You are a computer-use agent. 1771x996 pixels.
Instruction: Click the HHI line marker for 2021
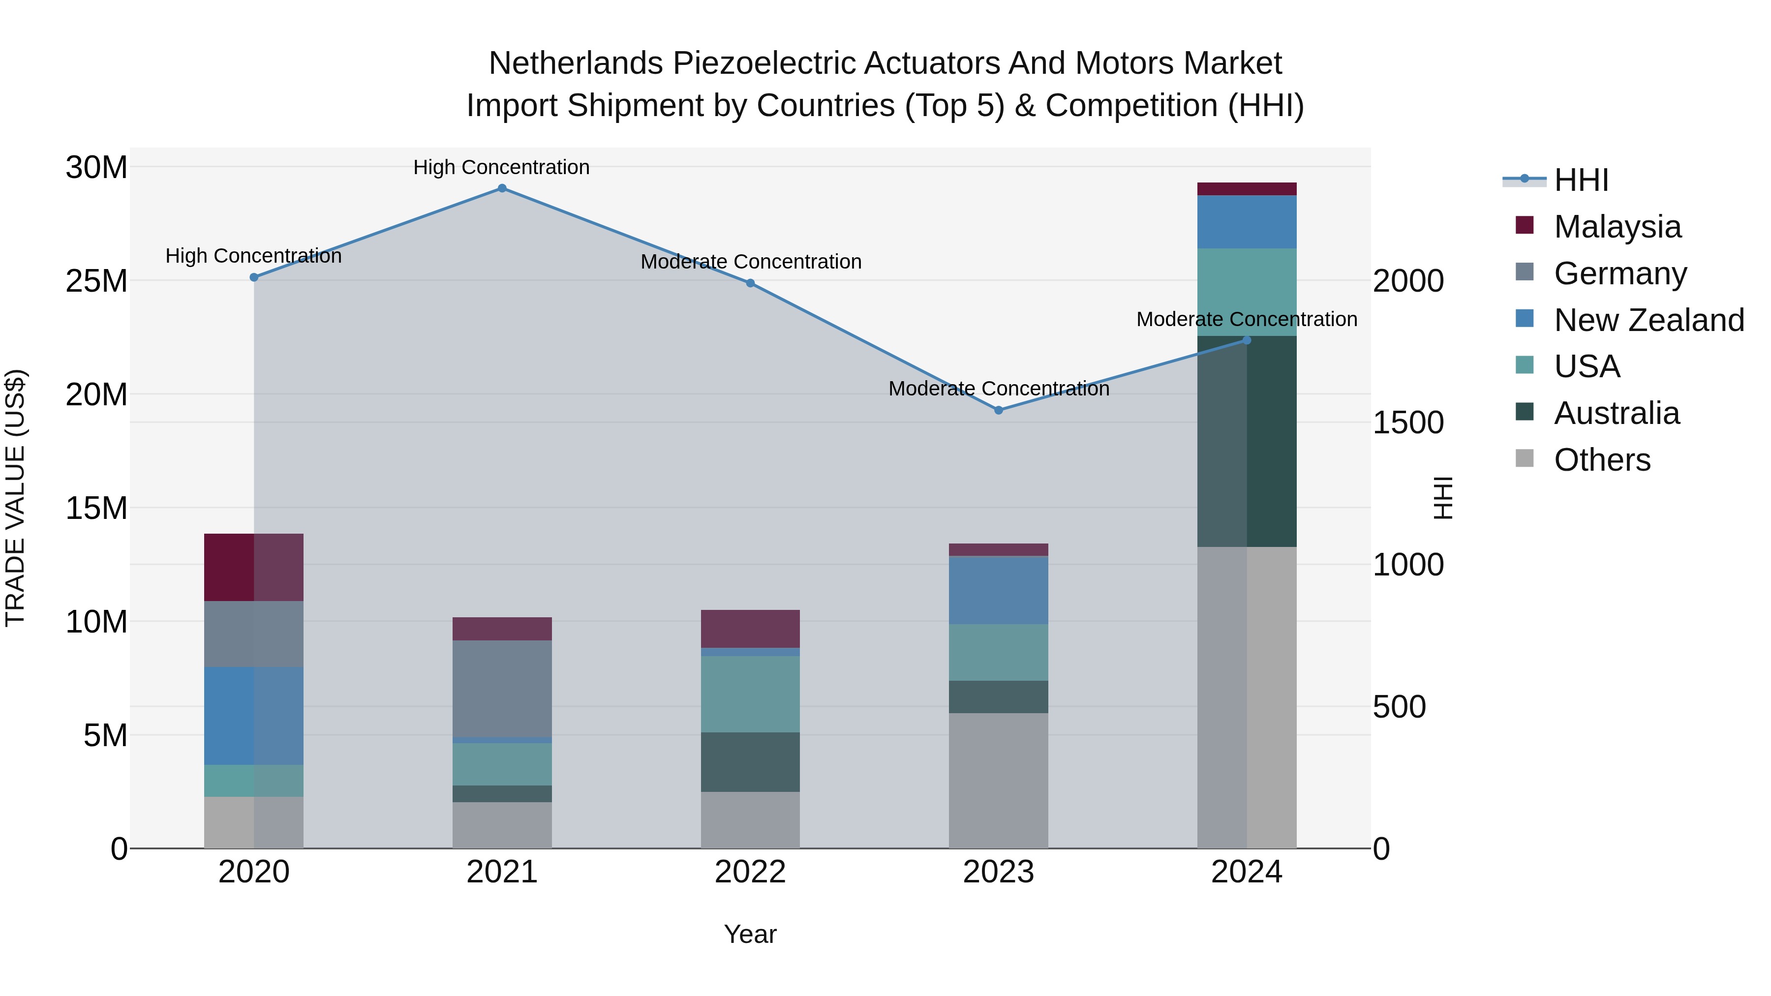click(x=502, y=188)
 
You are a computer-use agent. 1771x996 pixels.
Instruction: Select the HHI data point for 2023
click(x=998, y=410)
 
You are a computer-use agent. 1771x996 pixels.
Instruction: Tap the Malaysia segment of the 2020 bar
click(x=254, y=567)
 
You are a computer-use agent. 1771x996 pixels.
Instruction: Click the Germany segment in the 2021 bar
click(x=502, y=689)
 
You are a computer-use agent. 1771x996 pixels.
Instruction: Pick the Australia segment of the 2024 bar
click(x=1247, y=441)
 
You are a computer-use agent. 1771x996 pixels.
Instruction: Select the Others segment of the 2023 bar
click(x=998, y=780)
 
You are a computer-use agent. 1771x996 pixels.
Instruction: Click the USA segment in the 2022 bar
click(x=750, y=694)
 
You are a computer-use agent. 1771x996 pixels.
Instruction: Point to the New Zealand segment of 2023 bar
click(x=998, y=590)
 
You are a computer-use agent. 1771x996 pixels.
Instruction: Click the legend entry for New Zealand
click(x=1648, y=320)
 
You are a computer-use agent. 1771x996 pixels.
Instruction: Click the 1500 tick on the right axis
click(x=1407, y=423)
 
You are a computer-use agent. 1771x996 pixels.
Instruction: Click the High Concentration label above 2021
click(x=501, y=167)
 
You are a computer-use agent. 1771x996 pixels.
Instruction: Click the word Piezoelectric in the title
click(x=763, y=63)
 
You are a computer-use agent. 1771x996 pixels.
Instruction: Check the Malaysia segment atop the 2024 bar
click(x=1247, y=189)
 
